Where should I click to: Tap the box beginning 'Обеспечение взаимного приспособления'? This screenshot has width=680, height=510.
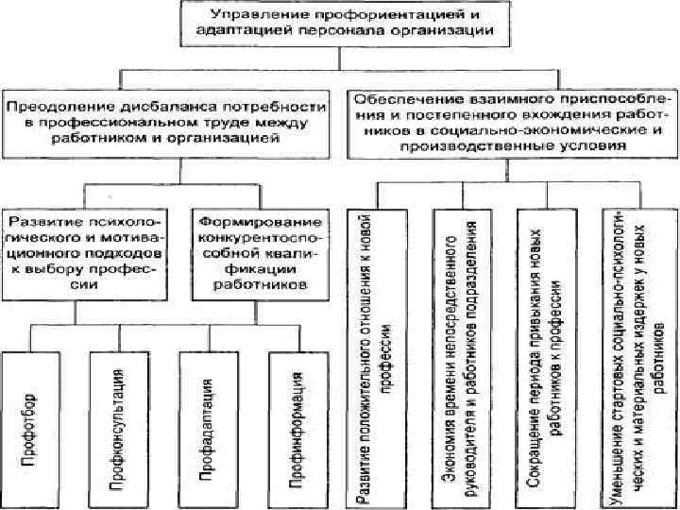[513, 122]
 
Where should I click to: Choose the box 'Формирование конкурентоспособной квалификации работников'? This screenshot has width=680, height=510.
[260, 251]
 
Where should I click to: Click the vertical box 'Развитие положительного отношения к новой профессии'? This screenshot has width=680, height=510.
[379, 354]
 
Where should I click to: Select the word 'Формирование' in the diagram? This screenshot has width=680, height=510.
[260, 221]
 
